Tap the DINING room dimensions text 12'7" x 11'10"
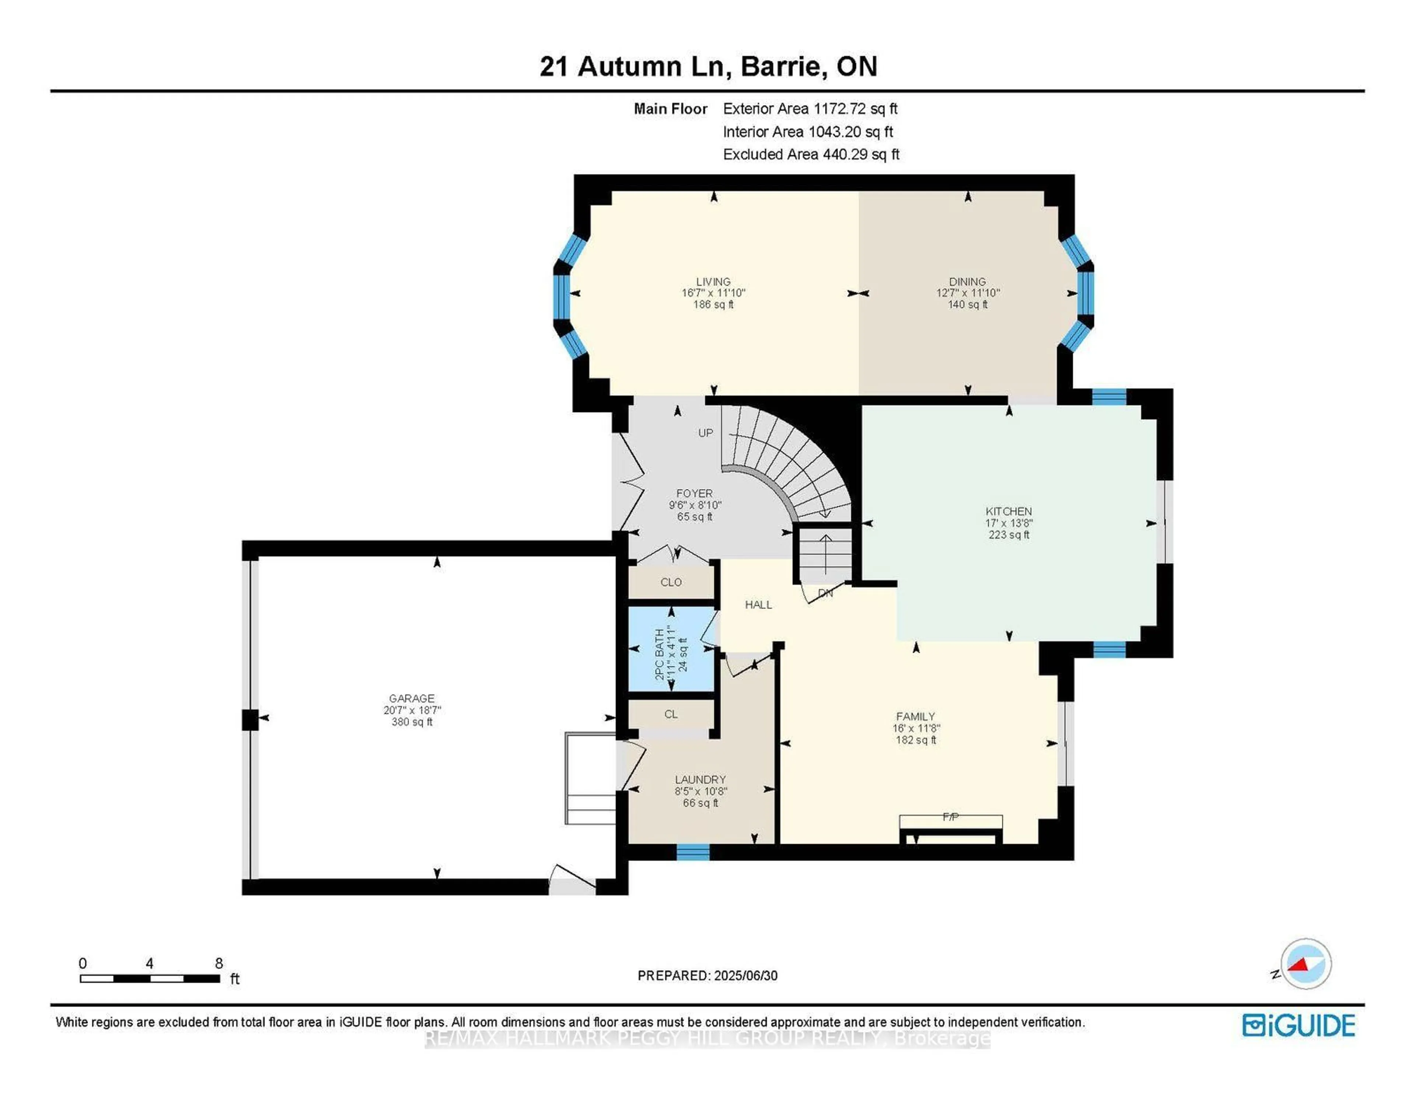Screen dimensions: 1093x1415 click(x=967, y=293)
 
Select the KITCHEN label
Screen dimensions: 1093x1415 click(x=1008, y=511)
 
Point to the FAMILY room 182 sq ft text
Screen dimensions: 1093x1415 click(x=915, y=740)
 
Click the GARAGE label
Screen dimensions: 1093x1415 click(x=411, y=698)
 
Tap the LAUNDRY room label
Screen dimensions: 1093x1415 click(x=700, y=779)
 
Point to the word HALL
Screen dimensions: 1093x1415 click(x=758, y=604)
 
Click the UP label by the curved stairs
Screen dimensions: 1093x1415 click(x=705, y=433)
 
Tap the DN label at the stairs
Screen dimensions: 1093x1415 click(x=825, y=593)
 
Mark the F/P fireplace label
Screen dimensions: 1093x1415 click(x=950, y=817)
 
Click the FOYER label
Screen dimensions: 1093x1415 click(x=694, y=493)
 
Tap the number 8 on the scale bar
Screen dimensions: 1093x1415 click(x=219, y=963)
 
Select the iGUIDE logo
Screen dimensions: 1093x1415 click(x=1299, y=1026)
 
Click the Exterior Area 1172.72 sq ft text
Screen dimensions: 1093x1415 click(x=810, y=109)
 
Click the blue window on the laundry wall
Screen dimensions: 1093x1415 click(x=693, y=852)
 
